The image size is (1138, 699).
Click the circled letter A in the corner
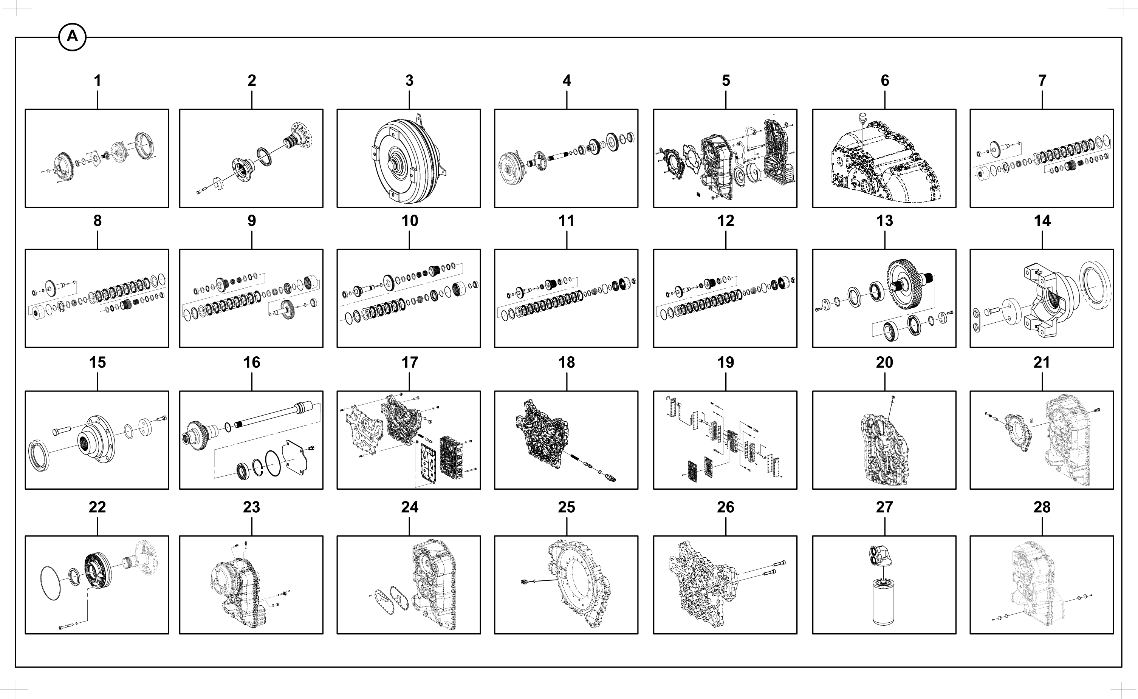(73, 37)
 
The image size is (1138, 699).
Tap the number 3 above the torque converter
(409, 80)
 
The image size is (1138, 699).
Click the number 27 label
(884, 507)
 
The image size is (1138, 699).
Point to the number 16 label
(252, 362)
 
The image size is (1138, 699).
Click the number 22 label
(97, 507)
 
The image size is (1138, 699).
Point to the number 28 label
(1042, 507)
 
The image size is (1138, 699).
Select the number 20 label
(884, 362)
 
